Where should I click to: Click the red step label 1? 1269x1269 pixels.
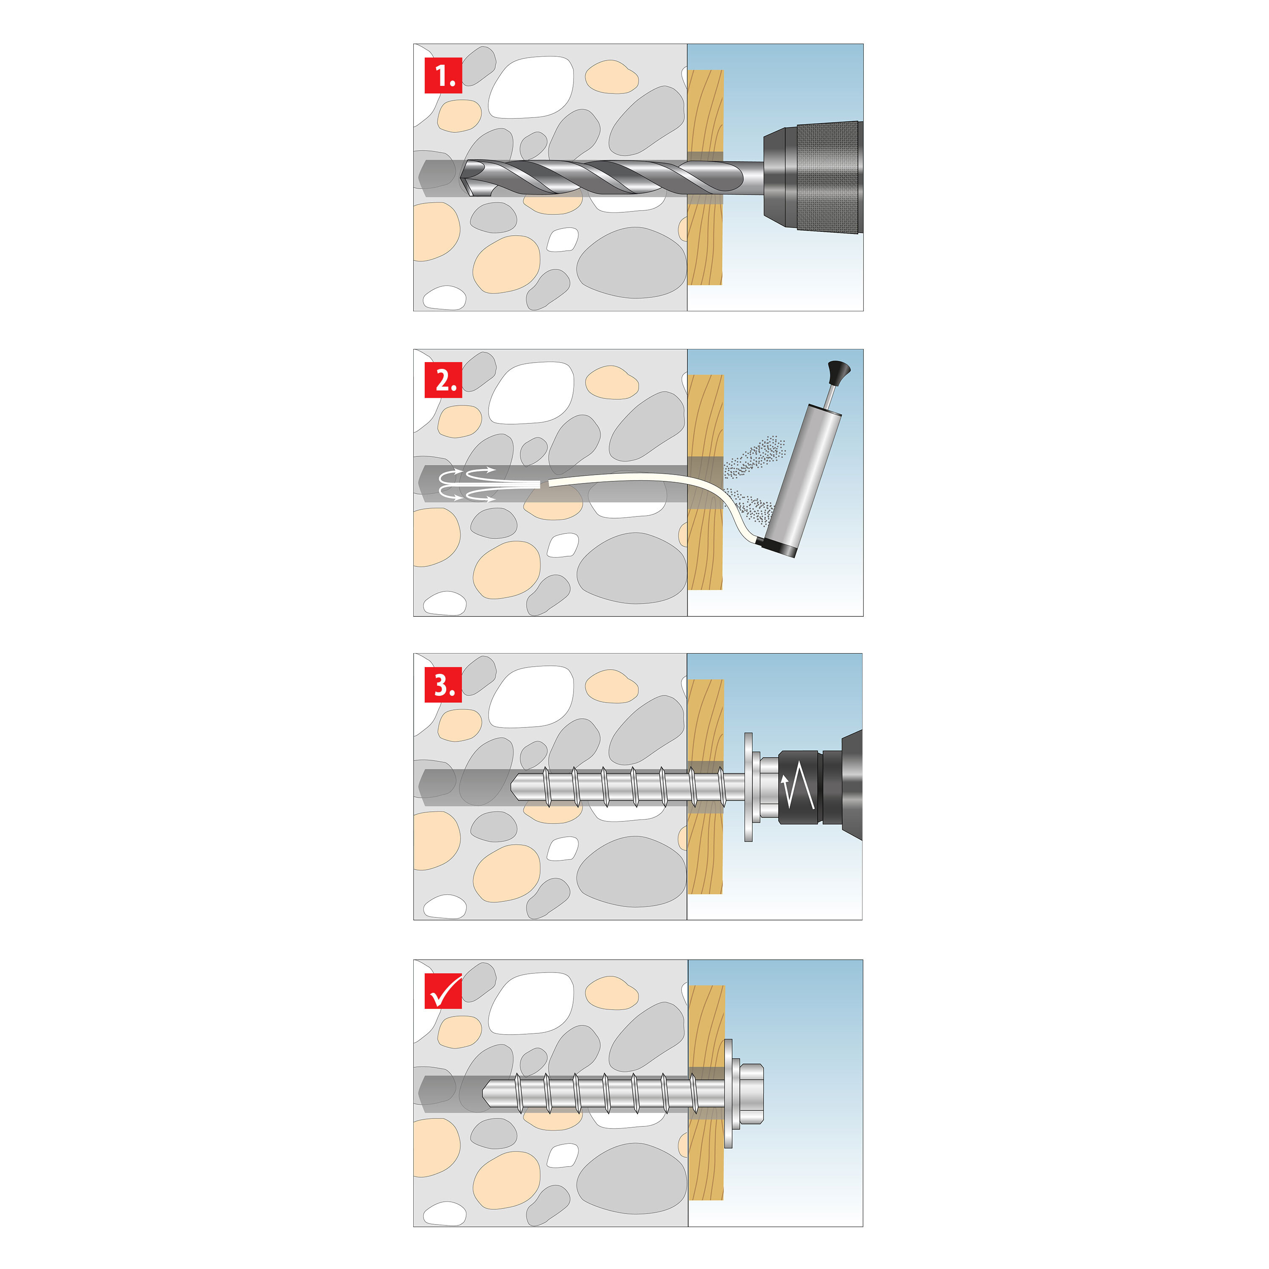(443, 76)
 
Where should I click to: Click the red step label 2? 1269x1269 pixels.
(443, 380)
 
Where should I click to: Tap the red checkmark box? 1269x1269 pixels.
(443, 991)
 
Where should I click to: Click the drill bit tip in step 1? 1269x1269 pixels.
(469, 179)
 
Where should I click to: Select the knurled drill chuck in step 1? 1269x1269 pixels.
(828, 177)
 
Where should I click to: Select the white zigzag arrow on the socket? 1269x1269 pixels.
(799, 786)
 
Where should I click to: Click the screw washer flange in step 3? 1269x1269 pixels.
(748, 786)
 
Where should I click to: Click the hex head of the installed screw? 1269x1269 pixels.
(752, 1093)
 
